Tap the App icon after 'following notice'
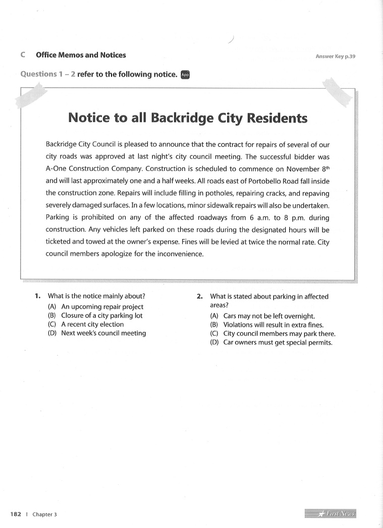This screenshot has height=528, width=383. click(185, 75)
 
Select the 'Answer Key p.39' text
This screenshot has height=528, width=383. click(336, 56)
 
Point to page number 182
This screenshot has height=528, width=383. click(16, 514)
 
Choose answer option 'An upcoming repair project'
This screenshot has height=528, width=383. click(102, 307)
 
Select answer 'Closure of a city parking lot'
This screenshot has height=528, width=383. click(101, 316)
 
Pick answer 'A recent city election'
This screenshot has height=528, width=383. click(92, 324)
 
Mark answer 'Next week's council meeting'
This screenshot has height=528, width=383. click(103, 333)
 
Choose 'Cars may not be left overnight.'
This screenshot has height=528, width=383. click(262, 316)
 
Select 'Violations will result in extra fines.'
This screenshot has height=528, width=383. click(273, 325)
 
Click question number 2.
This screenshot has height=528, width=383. click(200, 297)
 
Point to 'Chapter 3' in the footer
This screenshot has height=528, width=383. click(45, 514)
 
